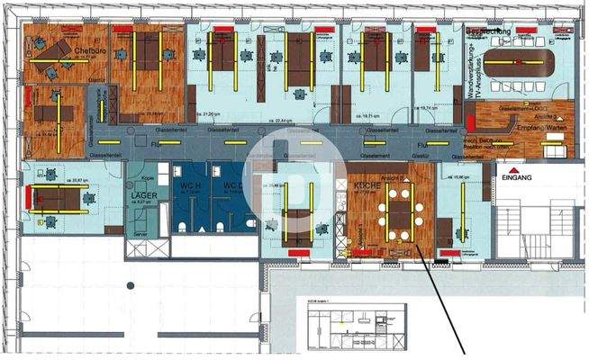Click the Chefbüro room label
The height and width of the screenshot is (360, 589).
[x=91, y=50]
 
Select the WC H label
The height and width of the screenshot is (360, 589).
[x=188, y=185]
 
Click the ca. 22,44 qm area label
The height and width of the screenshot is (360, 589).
[x=285, y=120]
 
